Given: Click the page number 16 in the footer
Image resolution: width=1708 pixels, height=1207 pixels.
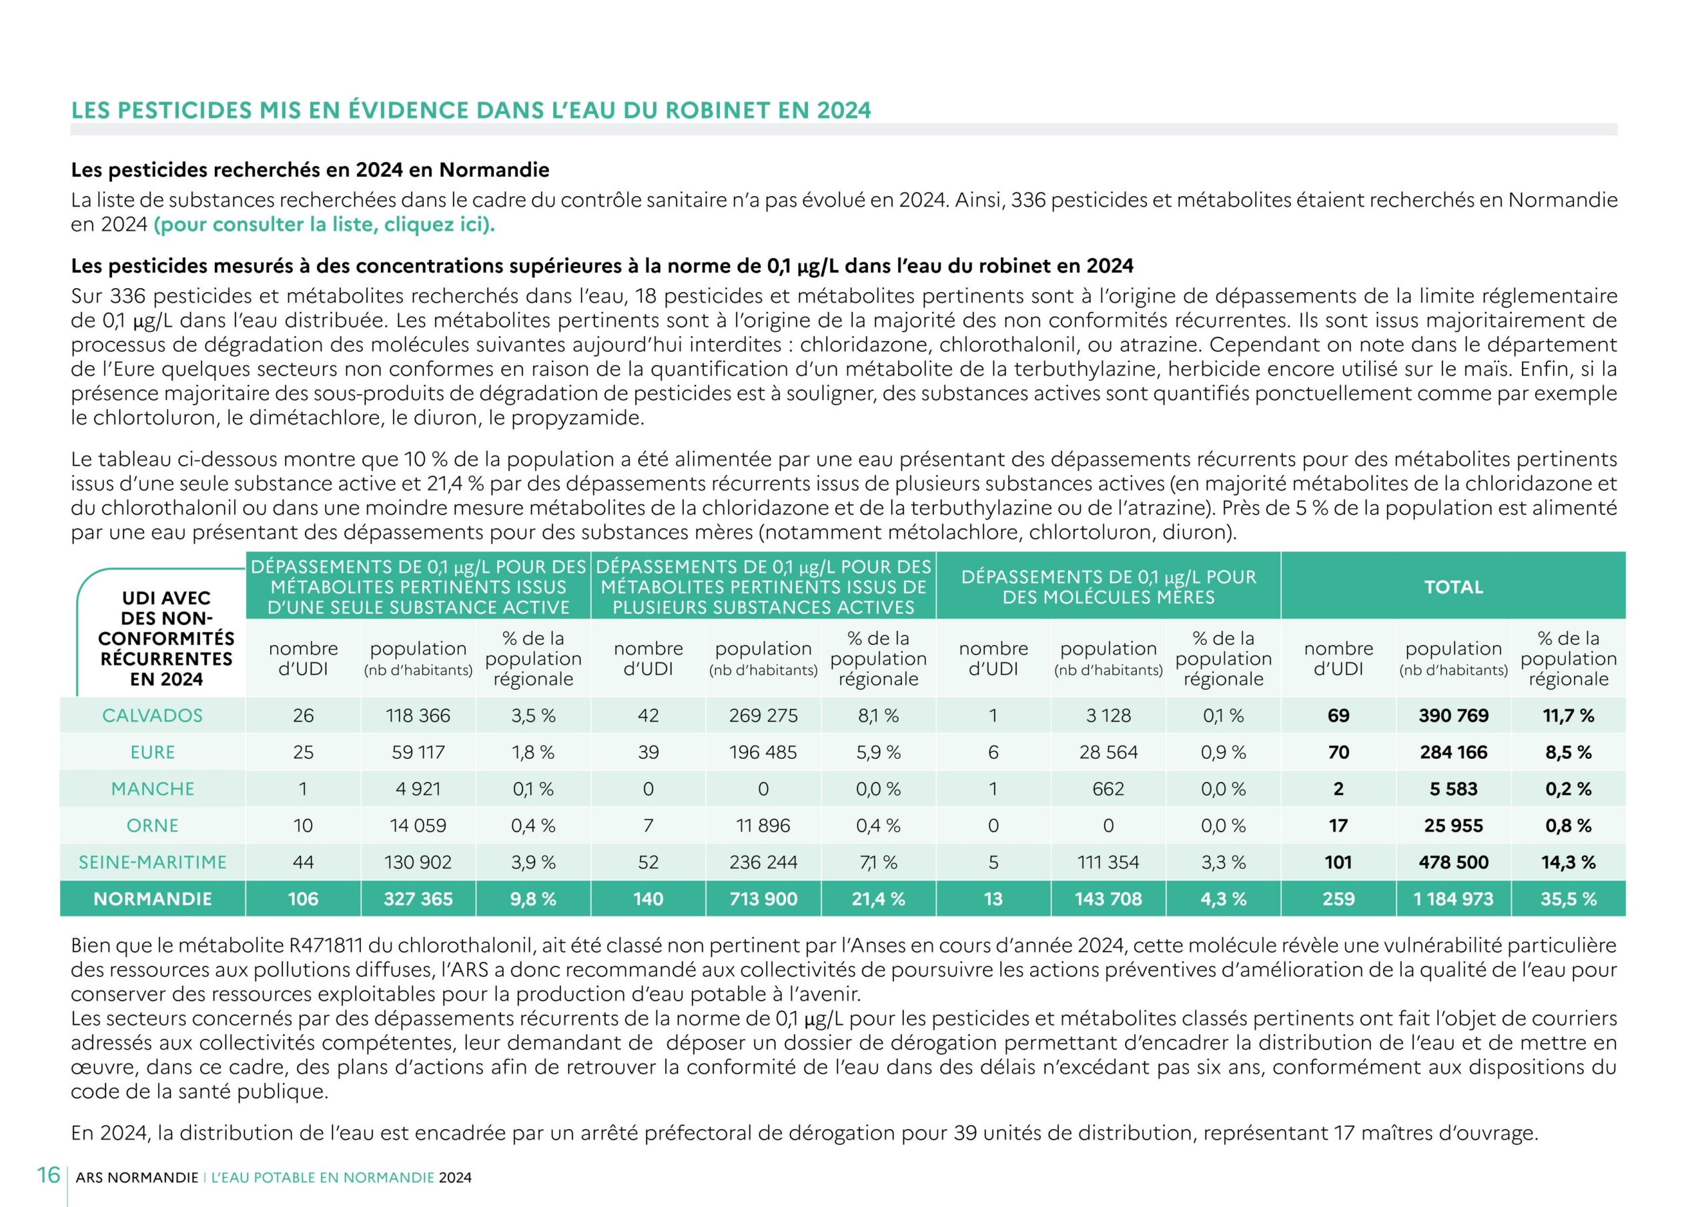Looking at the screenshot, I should point(48,1176).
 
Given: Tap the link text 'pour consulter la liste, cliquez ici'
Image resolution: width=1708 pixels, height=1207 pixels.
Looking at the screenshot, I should point(324,225).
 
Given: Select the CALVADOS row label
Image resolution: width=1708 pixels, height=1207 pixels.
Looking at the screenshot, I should point(153,716).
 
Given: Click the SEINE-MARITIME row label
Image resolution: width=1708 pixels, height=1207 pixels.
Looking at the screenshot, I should point(153,862).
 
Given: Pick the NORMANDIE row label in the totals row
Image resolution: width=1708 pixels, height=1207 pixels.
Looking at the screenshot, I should point(153,899).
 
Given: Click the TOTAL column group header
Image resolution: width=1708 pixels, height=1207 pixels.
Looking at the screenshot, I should point(1453,587).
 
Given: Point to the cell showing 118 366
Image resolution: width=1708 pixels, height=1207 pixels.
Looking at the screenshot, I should point(418,716).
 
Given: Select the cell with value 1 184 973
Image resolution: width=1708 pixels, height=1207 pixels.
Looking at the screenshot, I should point(1453,899).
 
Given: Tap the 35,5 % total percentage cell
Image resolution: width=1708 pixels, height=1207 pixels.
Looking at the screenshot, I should point(1568,899).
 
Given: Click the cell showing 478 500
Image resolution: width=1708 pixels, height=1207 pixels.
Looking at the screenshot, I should point(1453,862).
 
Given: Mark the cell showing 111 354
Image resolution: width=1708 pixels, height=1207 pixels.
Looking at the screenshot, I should point(1108,862).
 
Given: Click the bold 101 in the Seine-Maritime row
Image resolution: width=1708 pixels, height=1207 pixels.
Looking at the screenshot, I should point(1338,862).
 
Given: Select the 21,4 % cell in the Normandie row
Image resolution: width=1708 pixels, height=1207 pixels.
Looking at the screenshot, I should point(878,899).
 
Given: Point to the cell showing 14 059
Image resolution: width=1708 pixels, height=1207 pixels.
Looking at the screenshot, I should point(418,826).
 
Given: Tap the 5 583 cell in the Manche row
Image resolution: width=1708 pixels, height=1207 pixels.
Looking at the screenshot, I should point(1453,789).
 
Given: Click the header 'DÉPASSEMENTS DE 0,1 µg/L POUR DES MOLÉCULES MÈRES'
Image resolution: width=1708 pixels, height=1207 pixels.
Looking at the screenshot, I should point(1108,587).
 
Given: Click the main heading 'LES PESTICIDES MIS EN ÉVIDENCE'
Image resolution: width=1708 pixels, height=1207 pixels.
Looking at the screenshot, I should point(470,110).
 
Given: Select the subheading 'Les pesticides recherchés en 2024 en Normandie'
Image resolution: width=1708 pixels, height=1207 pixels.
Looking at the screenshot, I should point(310,170).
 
